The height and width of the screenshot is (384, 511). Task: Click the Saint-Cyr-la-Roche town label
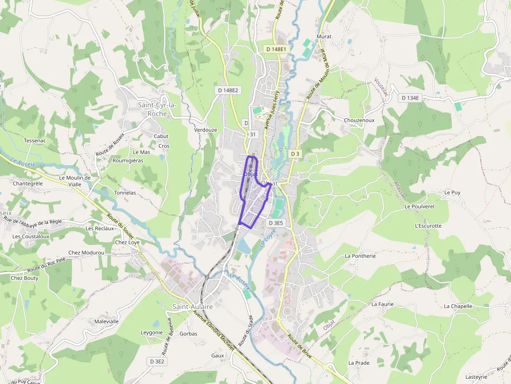157,109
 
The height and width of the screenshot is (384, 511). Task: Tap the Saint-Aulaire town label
192,307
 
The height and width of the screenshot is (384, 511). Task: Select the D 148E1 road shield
276,49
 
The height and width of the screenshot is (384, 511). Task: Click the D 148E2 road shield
228,90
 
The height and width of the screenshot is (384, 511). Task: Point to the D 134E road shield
410,98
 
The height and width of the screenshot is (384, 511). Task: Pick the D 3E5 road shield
276,223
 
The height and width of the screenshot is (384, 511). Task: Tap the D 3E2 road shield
157,361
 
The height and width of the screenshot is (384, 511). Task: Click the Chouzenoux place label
359,120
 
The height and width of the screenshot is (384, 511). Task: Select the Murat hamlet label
324,37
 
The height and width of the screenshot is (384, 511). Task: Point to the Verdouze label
205,130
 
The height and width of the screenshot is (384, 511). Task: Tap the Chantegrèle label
28,183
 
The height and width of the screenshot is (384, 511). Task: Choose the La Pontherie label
360,256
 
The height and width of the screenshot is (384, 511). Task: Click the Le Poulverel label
419,206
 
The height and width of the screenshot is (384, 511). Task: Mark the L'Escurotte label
428,226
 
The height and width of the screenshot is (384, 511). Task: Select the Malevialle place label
106,321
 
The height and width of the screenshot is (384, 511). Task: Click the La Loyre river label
267,239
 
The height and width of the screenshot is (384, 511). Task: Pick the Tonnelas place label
125,193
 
